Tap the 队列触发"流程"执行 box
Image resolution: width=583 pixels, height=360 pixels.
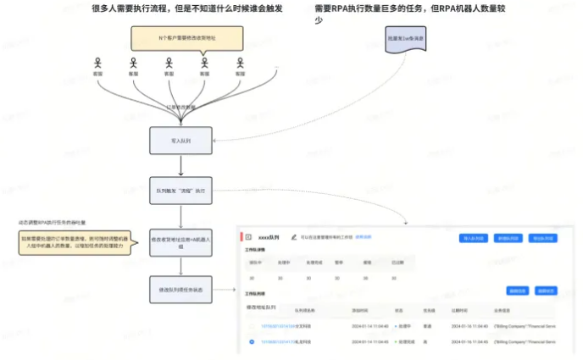pyautogui.click(x=175, y=191)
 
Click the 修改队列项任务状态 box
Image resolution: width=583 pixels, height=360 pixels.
pyautogui.click(x=175, y=290)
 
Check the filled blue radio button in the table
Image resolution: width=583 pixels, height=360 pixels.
pyautogui.click(x=253, y=342)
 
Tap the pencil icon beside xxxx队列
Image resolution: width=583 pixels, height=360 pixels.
pyautogui.click(x=293, y=237)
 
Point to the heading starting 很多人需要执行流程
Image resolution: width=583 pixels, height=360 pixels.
pyautogui.click(x=187, y=8)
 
